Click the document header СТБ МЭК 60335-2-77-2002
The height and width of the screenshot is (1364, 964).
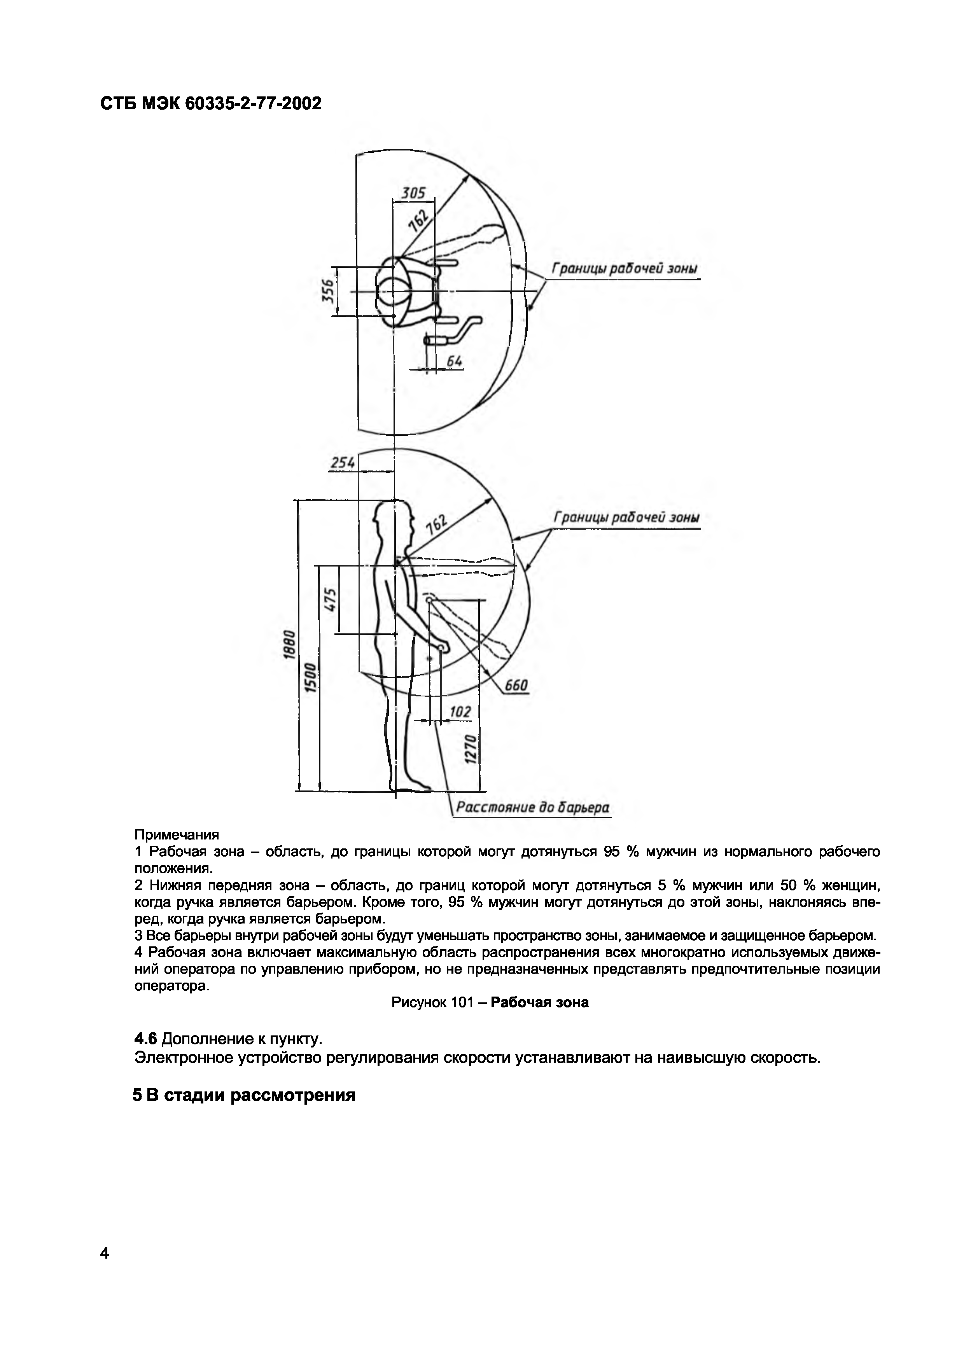pos(211,104)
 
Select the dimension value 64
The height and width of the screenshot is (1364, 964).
pos(454,360)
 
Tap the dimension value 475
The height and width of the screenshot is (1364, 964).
pos(330,600)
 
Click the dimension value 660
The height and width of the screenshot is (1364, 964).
pos(516,686)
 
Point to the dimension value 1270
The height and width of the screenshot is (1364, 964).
pos(470,750)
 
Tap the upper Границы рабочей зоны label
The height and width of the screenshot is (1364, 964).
pos(625,269)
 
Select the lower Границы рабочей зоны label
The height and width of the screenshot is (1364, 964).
pos(626,518)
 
